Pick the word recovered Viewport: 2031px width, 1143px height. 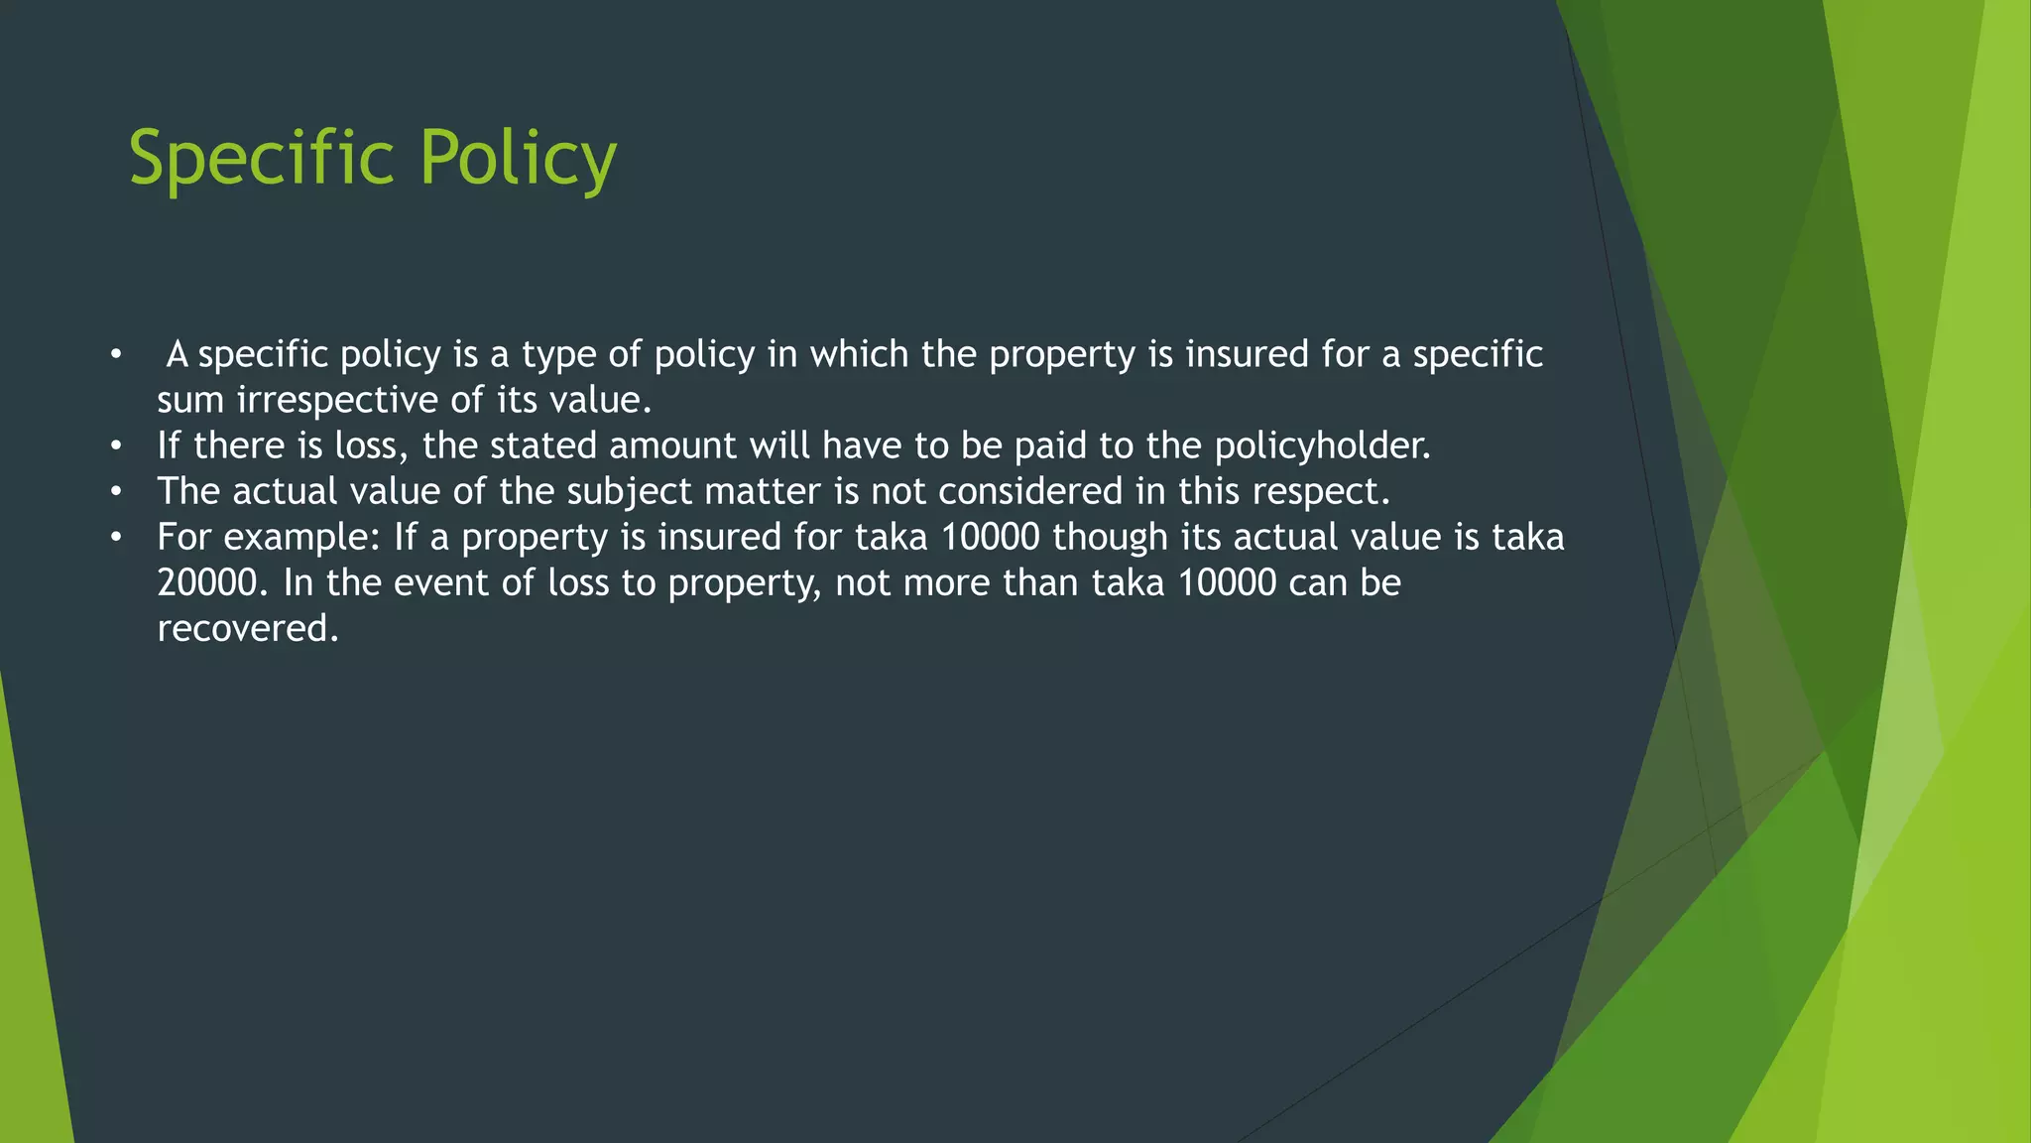click(248, 628)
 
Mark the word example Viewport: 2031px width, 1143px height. click(301, 538)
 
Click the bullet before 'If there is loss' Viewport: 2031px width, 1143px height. click(116, 446)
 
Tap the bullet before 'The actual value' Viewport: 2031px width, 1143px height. click(116, 492)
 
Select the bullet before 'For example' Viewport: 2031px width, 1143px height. click(116, 538)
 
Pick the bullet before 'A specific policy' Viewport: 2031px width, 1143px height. click(116, 355)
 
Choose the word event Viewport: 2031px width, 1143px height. click(440, 582)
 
